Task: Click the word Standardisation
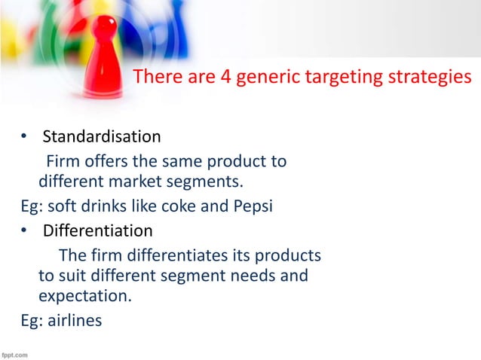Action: point(101,137)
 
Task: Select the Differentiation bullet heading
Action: point(97,230)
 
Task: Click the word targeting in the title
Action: point(361,78)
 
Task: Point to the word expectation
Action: point(84,297)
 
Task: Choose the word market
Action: point(145,182)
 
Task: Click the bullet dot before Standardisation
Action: point(24,138)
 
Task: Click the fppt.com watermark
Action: point(15,353)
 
